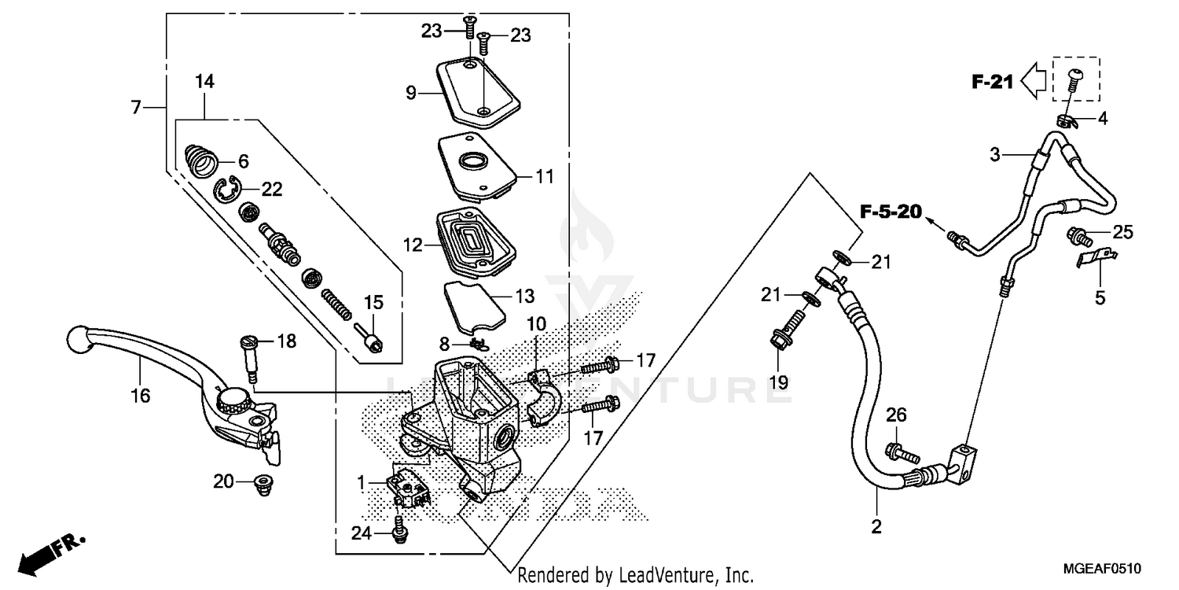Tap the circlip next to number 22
[229, 190]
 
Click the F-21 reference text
[992, 81]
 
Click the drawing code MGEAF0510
[1104, 568]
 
